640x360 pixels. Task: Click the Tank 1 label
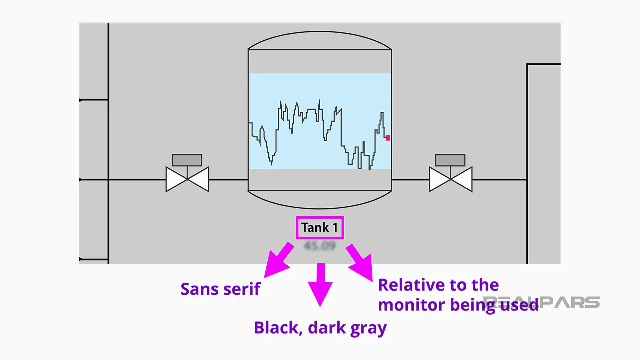pos(319,228)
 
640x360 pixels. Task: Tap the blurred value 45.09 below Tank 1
pos(319,246)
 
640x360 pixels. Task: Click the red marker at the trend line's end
pos(388,138)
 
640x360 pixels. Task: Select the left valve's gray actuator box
pos(187,160)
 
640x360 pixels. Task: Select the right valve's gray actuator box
pos(450,160)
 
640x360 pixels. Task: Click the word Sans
pos(199,289)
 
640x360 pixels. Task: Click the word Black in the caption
pos(276,328)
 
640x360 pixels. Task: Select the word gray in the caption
pos(368,328)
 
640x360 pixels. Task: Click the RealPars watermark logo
pos(570,302)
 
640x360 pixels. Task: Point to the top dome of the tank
pos(319,40)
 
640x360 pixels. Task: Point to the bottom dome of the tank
pos(319,200)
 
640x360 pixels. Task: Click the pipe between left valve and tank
pos(228,179)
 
